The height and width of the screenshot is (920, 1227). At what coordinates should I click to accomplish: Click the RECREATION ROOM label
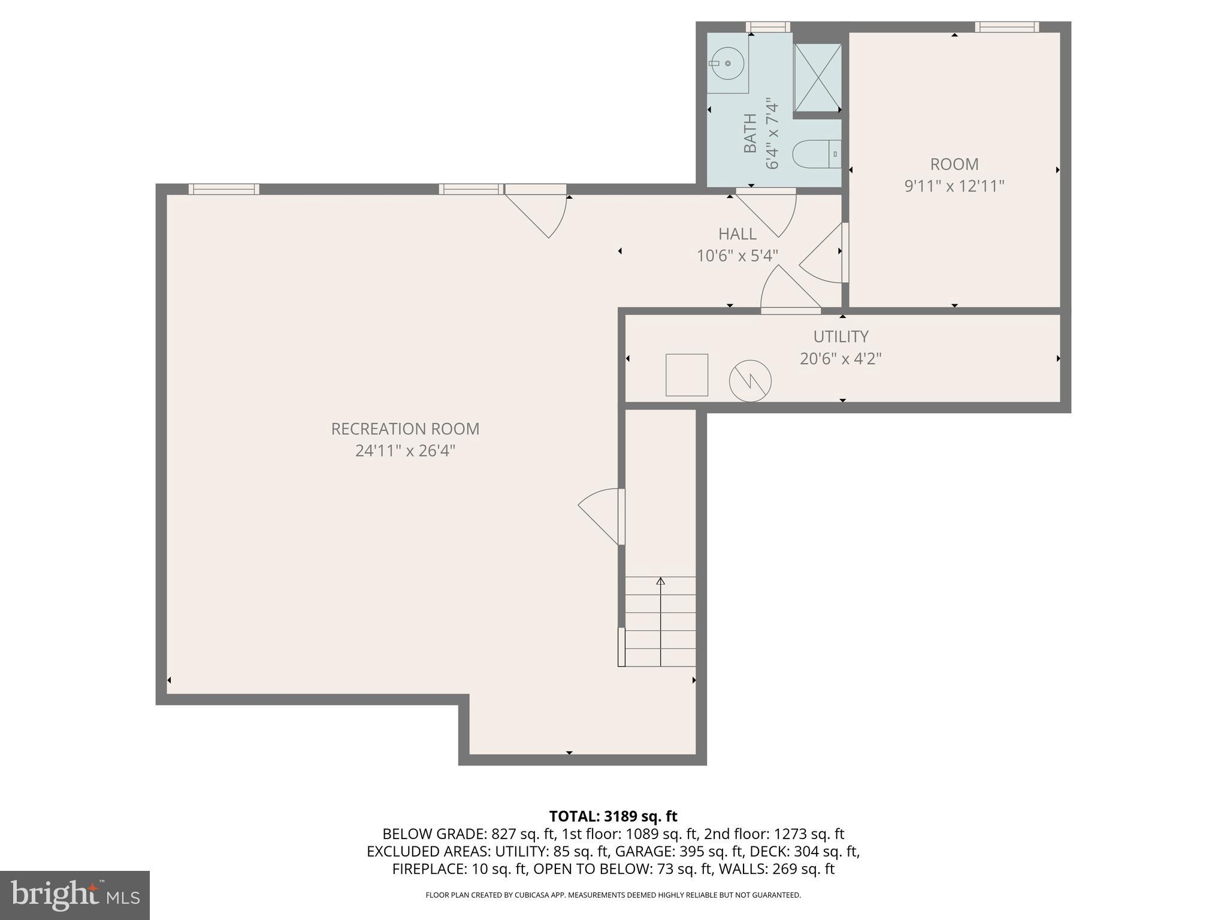[405, 429]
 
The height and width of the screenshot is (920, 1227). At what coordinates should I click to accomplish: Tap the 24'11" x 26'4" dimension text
[405, 450]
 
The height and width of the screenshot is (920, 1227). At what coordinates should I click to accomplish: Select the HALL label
[737, 234]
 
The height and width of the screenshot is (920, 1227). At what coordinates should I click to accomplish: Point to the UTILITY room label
[841, 337]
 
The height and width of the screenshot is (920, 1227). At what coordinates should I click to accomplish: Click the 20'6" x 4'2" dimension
[841, 359]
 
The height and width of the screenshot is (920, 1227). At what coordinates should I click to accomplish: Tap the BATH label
[750, 133]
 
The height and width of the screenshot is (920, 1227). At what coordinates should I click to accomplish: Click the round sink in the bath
[727, 63]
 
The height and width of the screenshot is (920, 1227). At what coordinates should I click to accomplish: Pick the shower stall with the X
[817, 77]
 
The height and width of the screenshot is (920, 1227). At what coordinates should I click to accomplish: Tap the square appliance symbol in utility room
[687, 375]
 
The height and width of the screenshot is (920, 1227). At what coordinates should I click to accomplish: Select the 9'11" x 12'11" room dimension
[954, 186]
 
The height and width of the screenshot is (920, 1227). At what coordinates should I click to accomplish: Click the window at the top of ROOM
[1007, 27]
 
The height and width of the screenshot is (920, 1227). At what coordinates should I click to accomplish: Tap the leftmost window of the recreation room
[223, 189]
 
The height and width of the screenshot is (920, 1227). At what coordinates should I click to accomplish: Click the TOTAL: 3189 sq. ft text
[613, 816]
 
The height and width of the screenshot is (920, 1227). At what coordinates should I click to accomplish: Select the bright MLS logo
[75, 895]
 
